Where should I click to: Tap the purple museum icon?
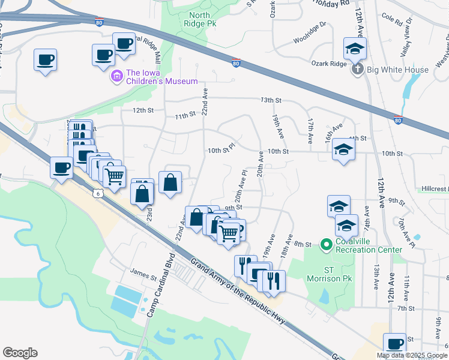pyautogui.click(x=116, y=77)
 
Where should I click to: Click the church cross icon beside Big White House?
pyautogui.click(x=358, y=70)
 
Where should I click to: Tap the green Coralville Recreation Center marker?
pyautogui.click(x=326, y=244)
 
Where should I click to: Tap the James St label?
pyautogui.click(x=143, y=278)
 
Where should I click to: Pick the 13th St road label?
pyautogui.click(x=270, y=100)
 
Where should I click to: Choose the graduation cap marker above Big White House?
pyautogui.click(x=355, y=47)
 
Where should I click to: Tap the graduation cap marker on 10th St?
pyautogui.click(x=343, y=150)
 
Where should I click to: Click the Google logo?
pyautogui.click(x=20, y=353)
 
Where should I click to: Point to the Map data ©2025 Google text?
pyautogui.click(x=412, y=355)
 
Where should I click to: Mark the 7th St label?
pyautogui.click(x=406, y=308)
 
